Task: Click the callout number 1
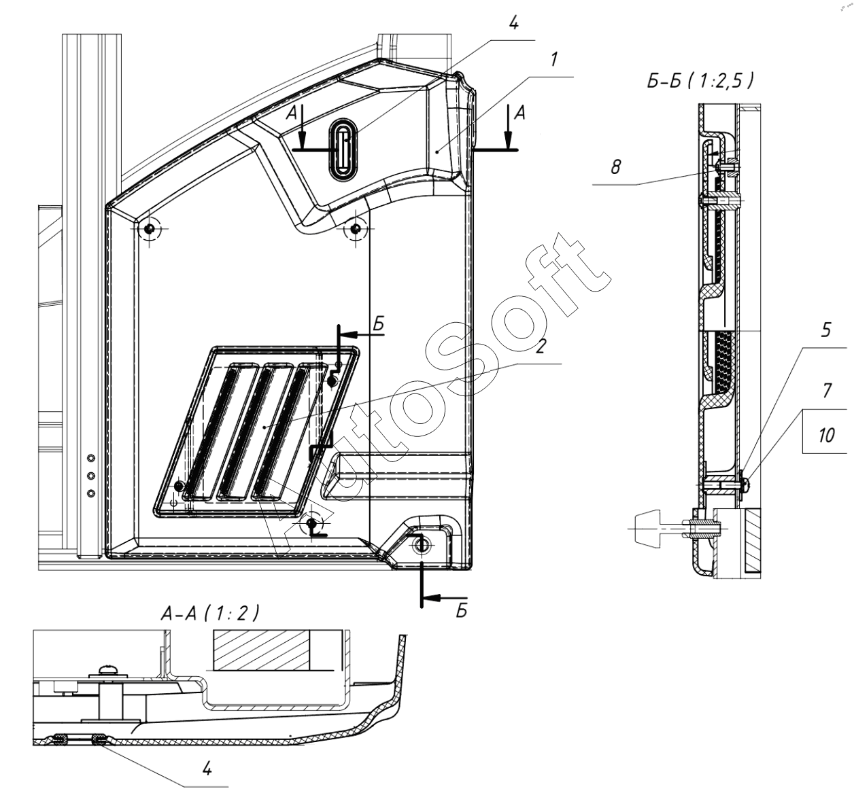554,60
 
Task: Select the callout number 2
541,346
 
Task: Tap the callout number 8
616,166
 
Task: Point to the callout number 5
825,330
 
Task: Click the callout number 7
827,391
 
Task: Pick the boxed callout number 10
826,436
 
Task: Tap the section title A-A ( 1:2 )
210,614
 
